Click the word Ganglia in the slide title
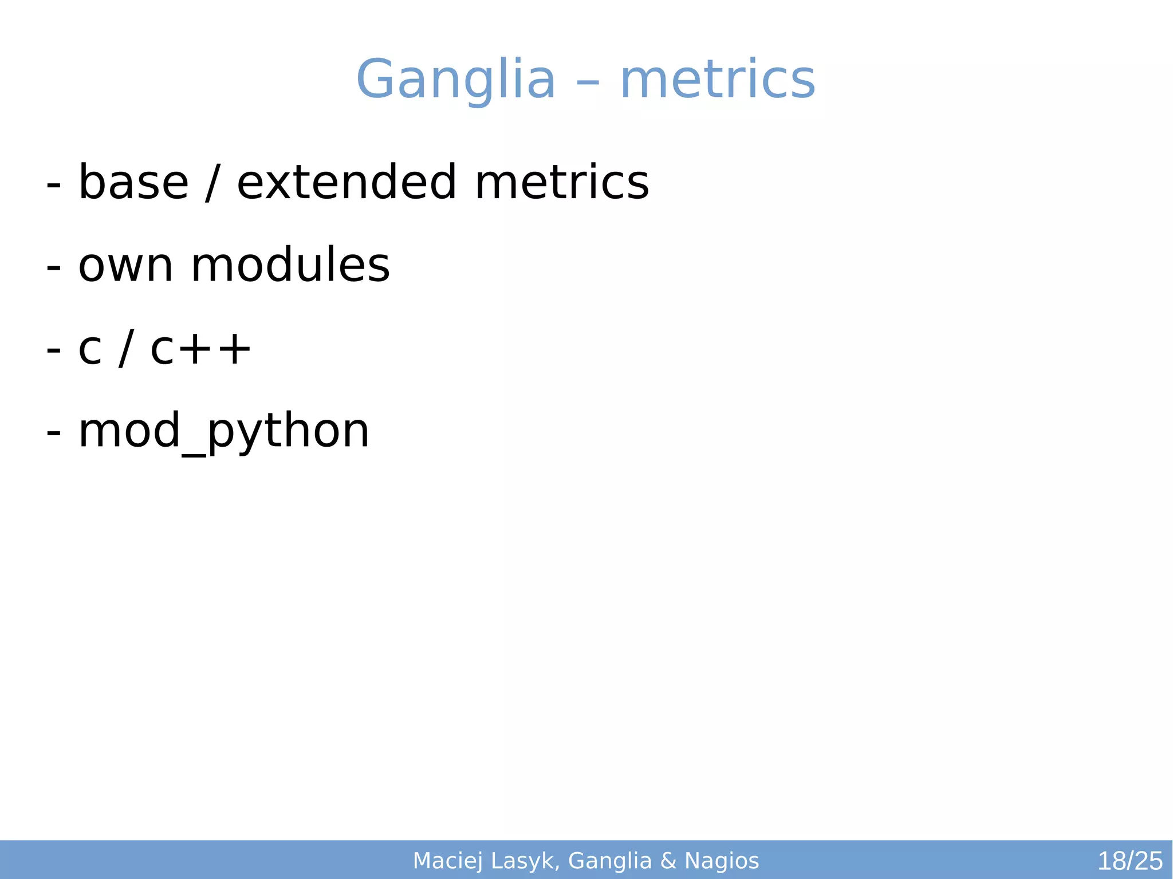455,80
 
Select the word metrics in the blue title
718,80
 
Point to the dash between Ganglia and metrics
588,84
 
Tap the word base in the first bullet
133,183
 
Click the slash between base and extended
212,183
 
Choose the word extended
347,183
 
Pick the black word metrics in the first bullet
562,183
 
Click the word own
125,266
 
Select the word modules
290,266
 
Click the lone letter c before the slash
90,350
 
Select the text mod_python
224,432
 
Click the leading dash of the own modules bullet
53,267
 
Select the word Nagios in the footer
722,861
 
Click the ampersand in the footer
668,861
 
